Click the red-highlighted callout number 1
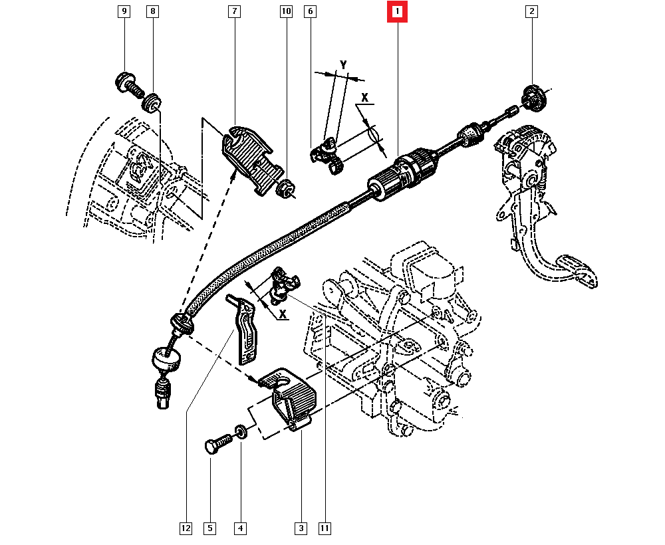coord(397,11)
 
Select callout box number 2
coord(531,11)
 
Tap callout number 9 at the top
coord(124,11)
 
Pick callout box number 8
coord(153,11)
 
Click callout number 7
coord(235,11)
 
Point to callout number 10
coord(286,11)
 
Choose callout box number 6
coord(310,11)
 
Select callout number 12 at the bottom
coord(186,528)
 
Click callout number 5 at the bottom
coord(210,528)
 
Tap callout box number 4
coord(241,528)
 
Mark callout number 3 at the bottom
coord(301,528)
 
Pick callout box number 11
coord(325,528)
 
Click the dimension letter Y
coord(343,65)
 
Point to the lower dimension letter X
coord(283,314)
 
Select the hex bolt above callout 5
coord(218,445)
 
